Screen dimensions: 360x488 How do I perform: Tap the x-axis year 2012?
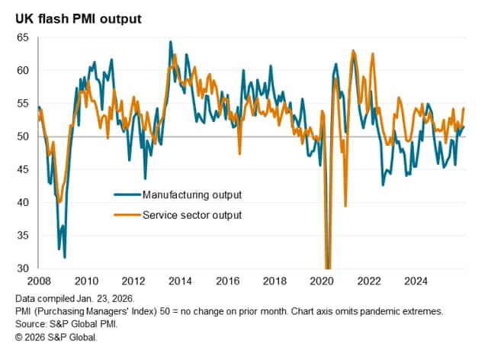(134, 281)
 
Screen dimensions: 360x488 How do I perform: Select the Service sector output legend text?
(192, 215)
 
